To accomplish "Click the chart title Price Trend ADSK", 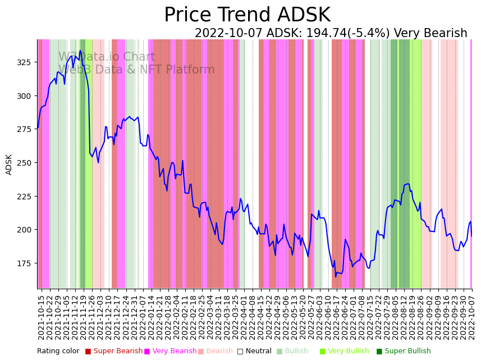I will point(247,15).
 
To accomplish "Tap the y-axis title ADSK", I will point(9,164).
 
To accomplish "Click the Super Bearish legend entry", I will point(114,352).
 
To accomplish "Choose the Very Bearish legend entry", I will point(171,352).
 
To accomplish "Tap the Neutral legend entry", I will point(254,352).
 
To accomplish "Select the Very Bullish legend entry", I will point(344,352).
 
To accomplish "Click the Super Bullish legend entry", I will point(404,352).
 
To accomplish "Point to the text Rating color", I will point(58,352).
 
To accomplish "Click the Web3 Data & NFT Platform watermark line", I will point(136,70).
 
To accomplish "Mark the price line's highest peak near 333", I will point(80,51).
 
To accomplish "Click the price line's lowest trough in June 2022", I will point(336,276).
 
